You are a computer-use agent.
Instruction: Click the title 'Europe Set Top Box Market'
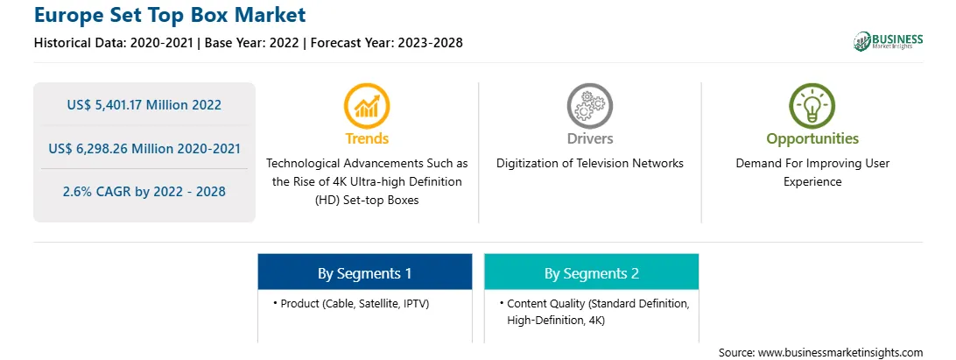170,15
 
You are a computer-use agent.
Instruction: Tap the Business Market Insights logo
888,41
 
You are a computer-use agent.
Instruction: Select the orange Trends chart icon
367,106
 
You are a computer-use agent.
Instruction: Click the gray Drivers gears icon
589,106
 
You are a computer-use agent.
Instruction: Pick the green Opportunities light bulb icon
812,106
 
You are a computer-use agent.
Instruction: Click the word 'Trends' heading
367,138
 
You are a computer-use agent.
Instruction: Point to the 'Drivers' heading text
589,138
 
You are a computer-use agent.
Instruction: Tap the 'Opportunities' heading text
812,139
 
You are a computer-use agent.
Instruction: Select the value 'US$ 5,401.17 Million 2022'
144,105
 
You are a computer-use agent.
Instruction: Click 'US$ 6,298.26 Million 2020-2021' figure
144,148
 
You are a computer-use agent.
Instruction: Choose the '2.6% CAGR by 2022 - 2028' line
144,192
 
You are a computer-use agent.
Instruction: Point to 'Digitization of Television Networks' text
589,164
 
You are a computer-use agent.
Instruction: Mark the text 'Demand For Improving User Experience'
812,173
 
